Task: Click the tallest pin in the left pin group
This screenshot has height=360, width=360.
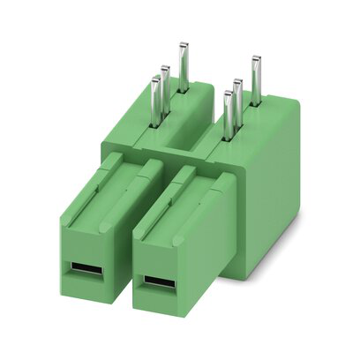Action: click(x=184, y=67)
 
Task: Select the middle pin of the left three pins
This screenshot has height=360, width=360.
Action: click(x=165, y=87)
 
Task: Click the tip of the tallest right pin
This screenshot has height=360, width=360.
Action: click(x=256, y=59)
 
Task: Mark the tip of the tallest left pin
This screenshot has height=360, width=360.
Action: click(x=184, y=44)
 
